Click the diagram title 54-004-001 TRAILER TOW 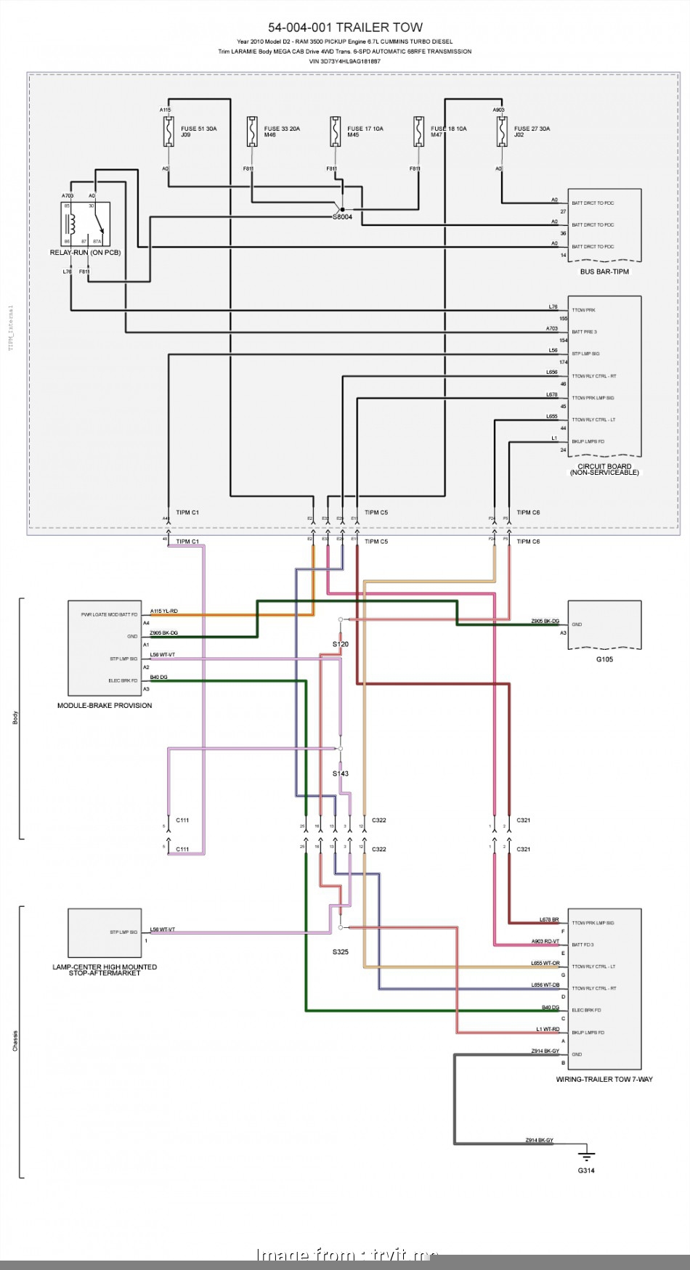click(345, 28)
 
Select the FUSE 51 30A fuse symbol click(169, 132)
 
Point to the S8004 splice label click(342, 217)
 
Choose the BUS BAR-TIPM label click(604, 272)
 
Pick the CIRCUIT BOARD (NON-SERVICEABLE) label click(604, 469)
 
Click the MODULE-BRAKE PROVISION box click(105, 647)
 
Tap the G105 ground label click(604, 659)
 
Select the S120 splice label click(341, 644)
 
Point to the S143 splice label click(341, 773)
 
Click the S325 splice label click(341, 951)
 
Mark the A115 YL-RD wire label click(163, 611)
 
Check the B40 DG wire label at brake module click(158, 677)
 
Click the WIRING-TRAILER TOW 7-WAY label click(604, 1079)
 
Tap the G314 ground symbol click(586, 1154)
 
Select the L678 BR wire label click(549, 920)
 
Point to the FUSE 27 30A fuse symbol click(501, 132)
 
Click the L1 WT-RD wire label click(548, 1030)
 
